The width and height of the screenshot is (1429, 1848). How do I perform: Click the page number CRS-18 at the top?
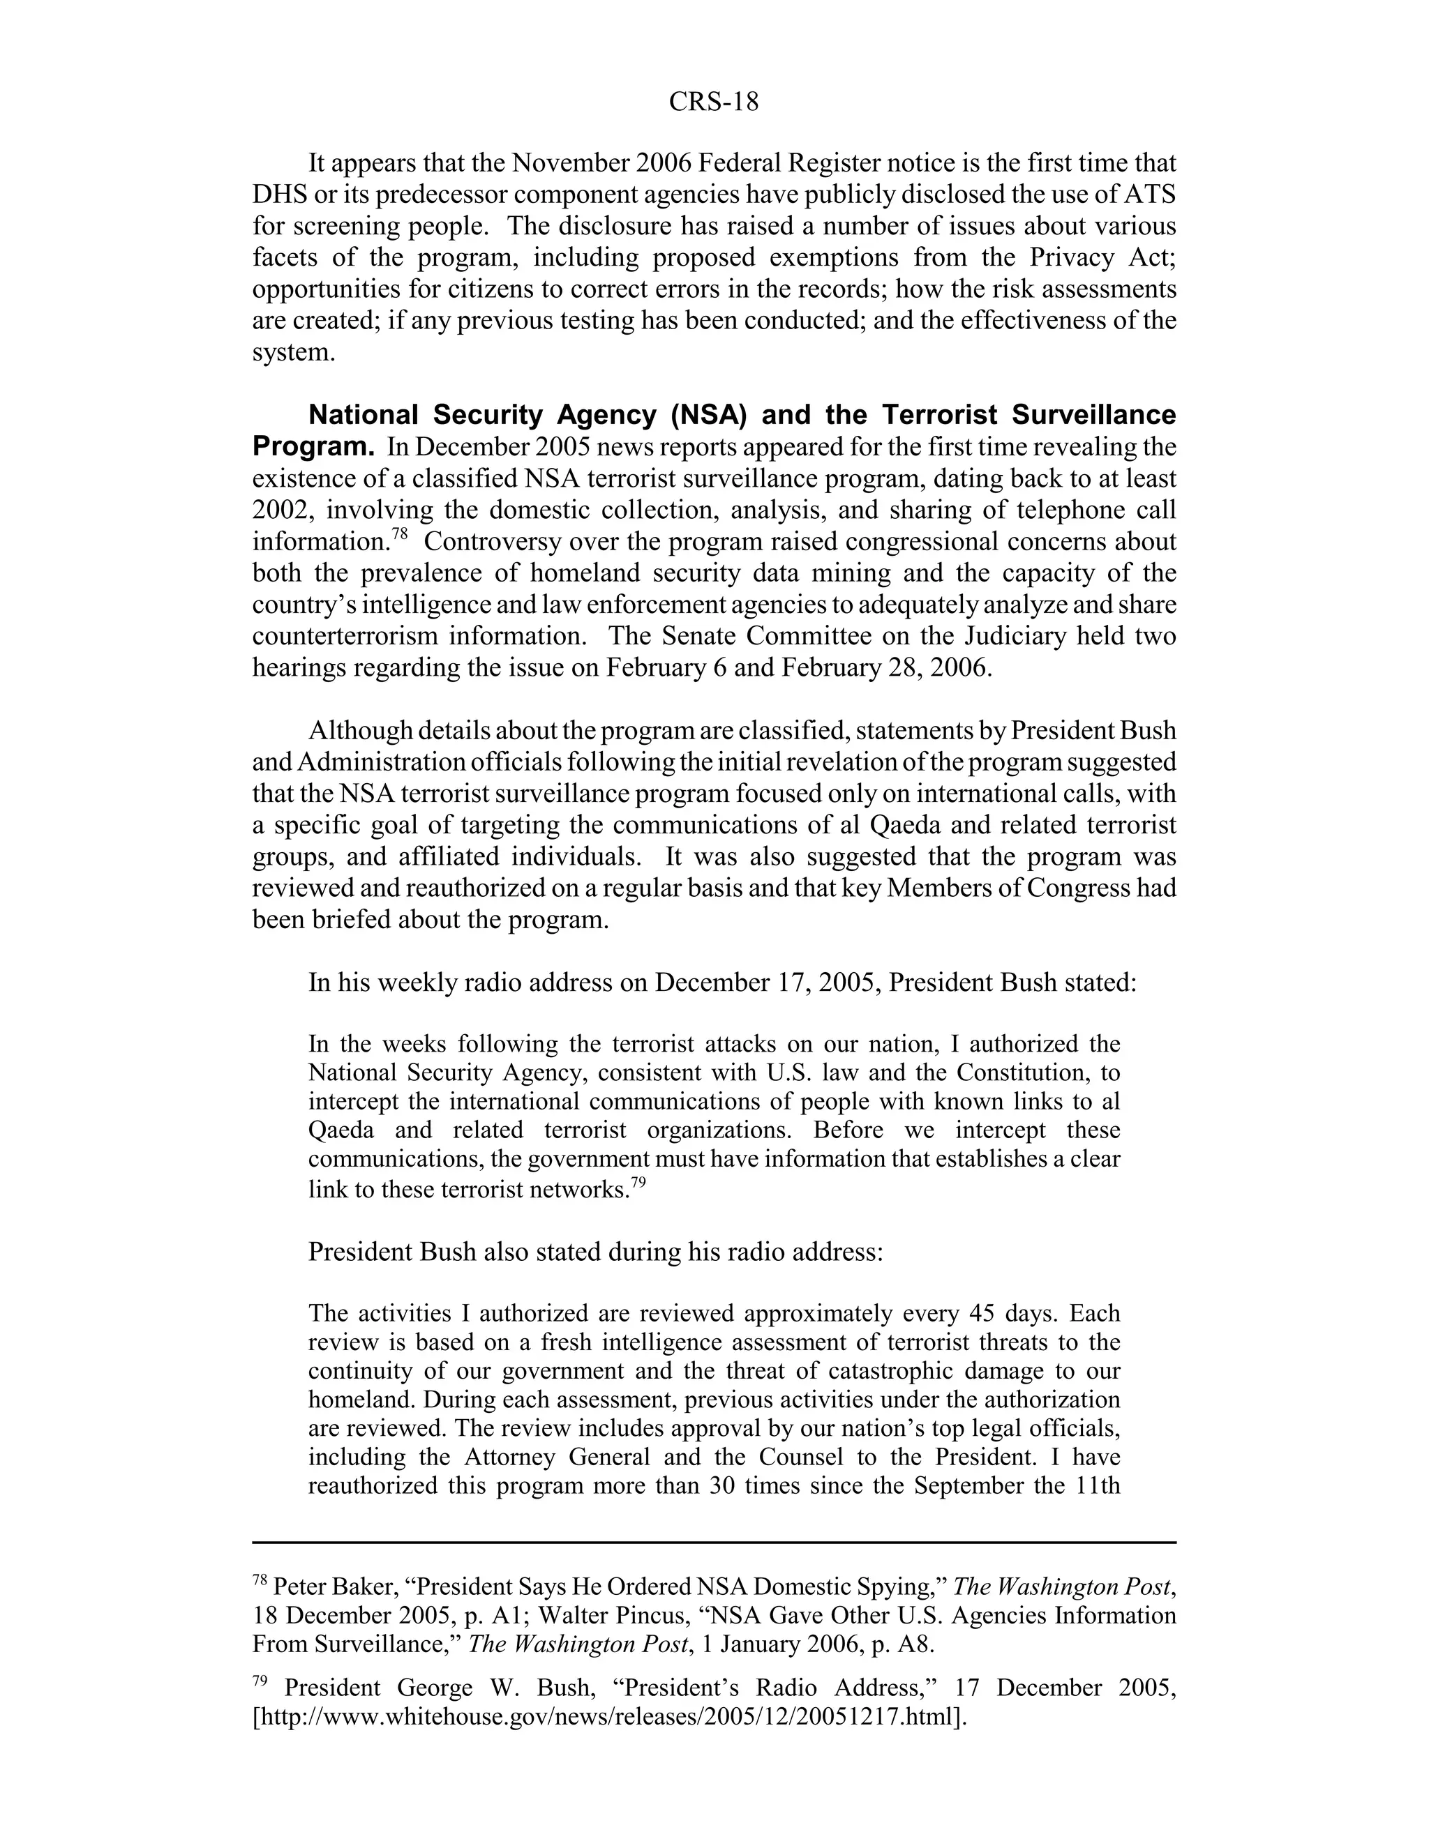point(713,102)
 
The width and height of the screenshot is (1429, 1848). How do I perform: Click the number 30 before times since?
point(720,1485)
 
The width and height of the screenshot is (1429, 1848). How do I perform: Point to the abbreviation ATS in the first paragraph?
point(1149,195)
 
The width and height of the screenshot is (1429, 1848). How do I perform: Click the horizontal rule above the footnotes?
point(713,1542)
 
